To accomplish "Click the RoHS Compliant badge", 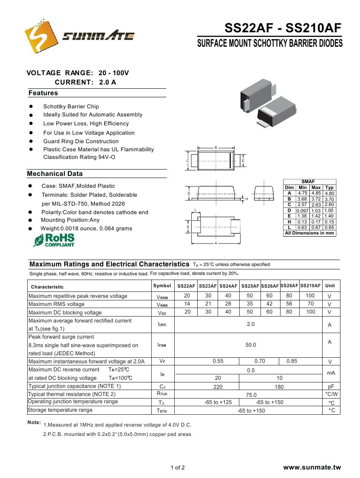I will click(54, 240).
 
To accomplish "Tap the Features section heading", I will click(43, 93).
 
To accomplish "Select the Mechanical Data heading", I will click(55, 174).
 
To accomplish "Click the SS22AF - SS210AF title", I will click(283, 28).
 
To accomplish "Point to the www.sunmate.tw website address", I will click(312, 467).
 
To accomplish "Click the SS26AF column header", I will click(270, 286).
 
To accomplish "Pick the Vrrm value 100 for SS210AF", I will click(310, 296).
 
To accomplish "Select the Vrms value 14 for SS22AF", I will click(187, 304).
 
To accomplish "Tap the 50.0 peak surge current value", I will click(251, 345).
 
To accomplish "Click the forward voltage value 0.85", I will click(292, 361).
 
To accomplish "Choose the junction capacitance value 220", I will click(218, 387).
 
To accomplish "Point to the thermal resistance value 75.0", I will click(251, 395).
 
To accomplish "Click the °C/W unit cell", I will click(331, 394).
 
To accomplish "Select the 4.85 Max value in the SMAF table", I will click(316, 193).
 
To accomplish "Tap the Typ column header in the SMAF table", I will click(329, 187).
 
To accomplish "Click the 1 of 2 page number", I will click(178, 468).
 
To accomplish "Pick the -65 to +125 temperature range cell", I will click(218, 402).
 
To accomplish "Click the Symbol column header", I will click(162, 286).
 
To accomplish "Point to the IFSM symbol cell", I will click(162, 345).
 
